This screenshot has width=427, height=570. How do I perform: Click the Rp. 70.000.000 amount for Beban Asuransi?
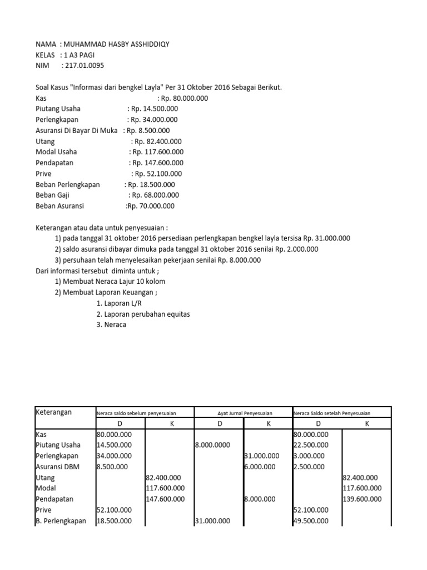point(150,206)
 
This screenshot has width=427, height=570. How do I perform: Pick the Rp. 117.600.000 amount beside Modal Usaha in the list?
point(157,152)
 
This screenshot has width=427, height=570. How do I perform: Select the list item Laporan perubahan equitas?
point(143,314)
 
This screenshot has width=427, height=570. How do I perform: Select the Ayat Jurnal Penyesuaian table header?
point(242,414)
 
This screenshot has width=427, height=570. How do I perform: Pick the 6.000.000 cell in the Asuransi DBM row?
point(260,466)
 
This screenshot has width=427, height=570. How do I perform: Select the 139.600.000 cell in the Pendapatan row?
point(362,499)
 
